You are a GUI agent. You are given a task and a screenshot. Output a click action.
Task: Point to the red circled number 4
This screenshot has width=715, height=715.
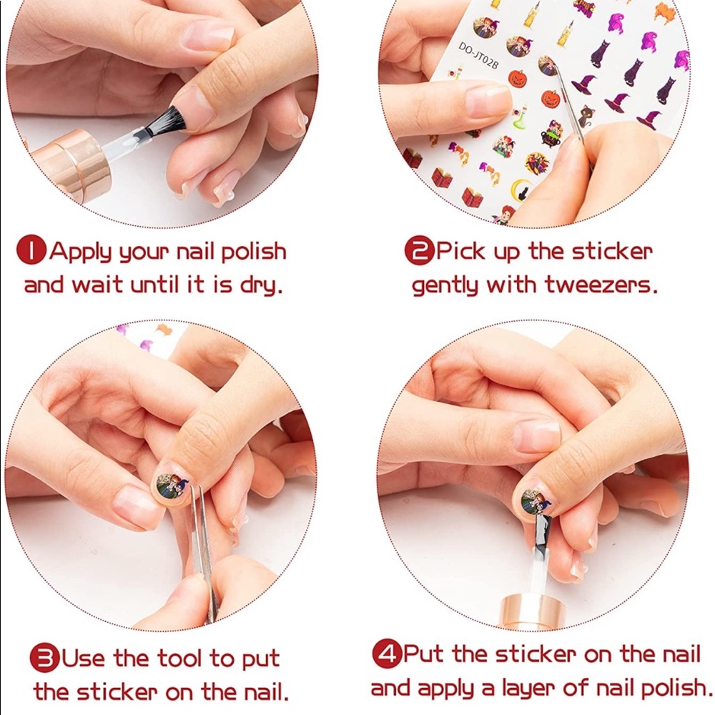[387, 654]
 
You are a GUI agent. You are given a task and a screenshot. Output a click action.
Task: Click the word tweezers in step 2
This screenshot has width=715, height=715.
[601, 285]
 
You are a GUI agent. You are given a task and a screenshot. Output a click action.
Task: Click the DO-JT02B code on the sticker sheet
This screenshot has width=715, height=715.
[478, 56]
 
